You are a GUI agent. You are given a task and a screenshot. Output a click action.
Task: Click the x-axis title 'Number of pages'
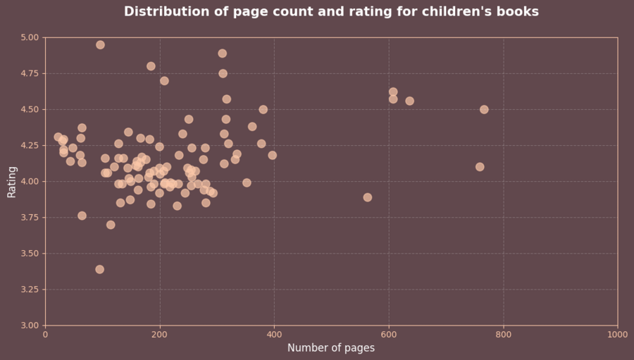[331, 348]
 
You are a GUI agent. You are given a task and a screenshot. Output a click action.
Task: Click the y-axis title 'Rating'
[12, 182]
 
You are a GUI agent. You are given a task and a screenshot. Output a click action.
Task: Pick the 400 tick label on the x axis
[274, 335]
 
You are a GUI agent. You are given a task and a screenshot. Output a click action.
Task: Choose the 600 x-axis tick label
[389, 335]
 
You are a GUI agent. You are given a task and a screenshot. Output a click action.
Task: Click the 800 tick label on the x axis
[503, 335]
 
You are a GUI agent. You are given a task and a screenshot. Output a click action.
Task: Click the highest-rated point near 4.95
[100, 44]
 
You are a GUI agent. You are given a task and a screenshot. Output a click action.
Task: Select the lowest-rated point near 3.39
[99, 269]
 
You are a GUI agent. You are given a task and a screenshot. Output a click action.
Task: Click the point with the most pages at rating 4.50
[484, 109]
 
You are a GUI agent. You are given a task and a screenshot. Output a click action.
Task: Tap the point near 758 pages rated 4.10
[480, 167]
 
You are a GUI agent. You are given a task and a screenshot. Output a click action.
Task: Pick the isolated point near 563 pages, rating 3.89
[368, 197]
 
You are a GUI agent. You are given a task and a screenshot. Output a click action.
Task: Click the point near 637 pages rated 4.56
[409, 101]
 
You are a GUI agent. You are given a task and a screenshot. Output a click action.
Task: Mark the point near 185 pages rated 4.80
[151, 66]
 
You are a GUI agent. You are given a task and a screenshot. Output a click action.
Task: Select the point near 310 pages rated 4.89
[223, 53]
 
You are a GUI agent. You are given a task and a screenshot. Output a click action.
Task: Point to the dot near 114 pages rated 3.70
[111, 225]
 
